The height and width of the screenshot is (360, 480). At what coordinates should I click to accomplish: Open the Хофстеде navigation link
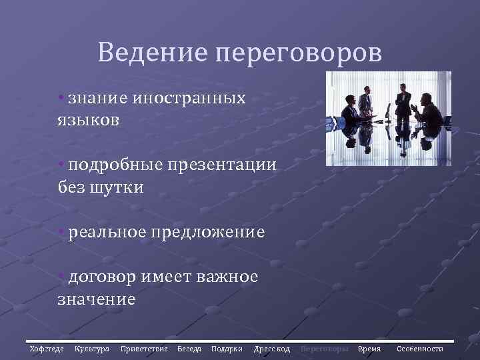pyautogui.click(x=47, y=349)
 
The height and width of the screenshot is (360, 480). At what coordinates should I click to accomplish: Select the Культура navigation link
pyautogui.click(x=92, y=349)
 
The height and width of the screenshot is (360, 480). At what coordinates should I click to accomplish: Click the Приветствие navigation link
pyautogui.click(x=144, y=349)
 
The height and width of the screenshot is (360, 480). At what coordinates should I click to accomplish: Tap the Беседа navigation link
pyautogui.click(x=189, y=349)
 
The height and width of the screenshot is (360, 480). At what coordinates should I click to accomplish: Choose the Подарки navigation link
pyautogui.click(x=227, y=349)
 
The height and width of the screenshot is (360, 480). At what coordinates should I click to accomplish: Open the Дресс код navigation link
pyautogui.click(x=272, y=349)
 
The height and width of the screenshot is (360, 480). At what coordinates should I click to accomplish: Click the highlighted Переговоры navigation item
pyautogui.click(x=325, y=349)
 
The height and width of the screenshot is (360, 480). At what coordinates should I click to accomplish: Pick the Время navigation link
pyautogui.click(x=369, y=349)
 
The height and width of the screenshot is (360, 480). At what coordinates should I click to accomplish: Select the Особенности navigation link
pyautogui.click(x=420, y=349)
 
